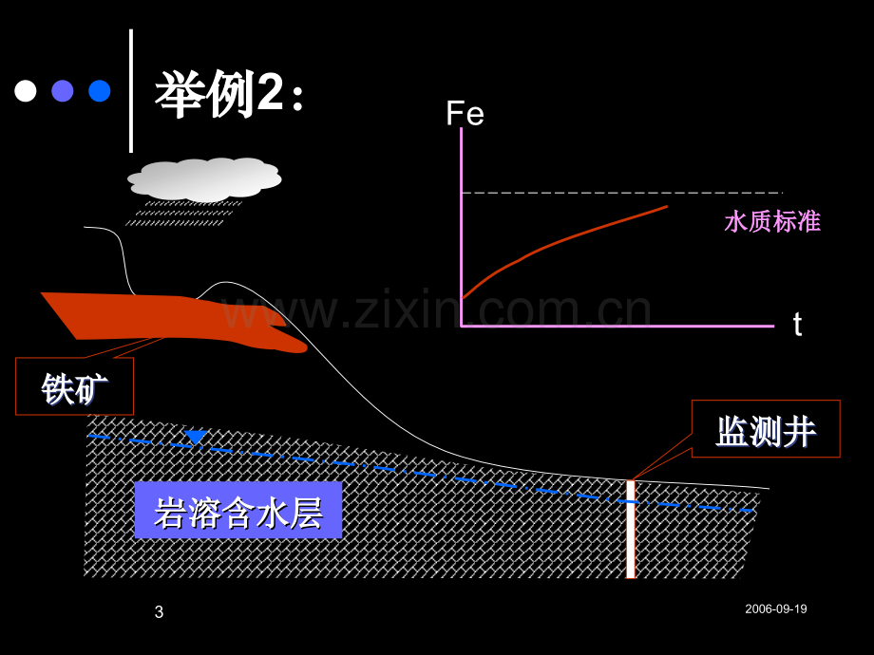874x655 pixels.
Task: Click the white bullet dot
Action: click(x=26, y=91)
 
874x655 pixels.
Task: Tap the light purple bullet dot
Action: click(x=63, y=91)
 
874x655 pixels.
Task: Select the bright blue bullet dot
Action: click(x=100, y=91)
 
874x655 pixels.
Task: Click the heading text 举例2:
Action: click(x=229, y=94)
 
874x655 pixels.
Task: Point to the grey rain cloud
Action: click(x=204, y=179)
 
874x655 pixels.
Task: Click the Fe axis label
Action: click(x=465, y=114)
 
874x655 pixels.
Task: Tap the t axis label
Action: click(x=798, y=324)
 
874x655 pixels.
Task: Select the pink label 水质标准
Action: click(x=772, y=221)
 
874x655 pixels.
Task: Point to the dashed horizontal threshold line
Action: click(x=622, y=193)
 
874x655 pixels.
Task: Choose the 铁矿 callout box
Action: click(x=74, y=386)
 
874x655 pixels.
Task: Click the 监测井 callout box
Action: click(x=766, y=429)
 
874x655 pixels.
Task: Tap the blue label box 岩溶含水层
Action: click(x=238, y=510)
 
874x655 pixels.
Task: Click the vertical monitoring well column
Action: click(x=631, y=529)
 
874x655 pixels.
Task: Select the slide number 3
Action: click(x=159, y=612)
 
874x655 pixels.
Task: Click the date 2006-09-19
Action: click(x=776, y=608)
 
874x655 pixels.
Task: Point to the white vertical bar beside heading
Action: click(x=131, y=91)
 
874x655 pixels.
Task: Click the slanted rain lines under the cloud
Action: click(x=184, y=214)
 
